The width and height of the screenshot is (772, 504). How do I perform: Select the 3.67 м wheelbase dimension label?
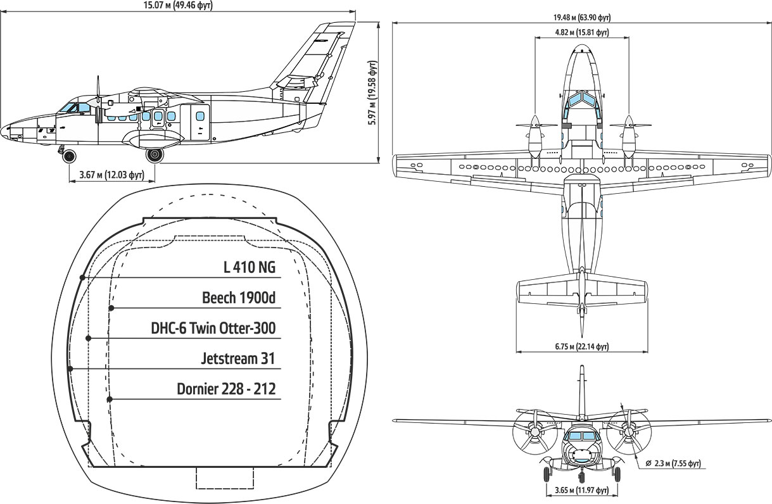(111, 175)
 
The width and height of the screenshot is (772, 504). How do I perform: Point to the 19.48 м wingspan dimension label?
(582, 17)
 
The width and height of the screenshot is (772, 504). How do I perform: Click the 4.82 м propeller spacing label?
(581, 32)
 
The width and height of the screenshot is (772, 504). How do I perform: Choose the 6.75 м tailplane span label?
(581, 346)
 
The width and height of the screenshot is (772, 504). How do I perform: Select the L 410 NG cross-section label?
(250, 267)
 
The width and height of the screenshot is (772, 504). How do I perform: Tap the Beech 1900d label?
(239, 298)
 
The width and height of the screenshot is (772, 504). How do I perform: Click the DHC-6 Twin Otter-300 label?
(213, 328)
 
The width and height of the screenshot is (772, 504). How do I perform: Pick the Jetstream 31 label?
(238, 358)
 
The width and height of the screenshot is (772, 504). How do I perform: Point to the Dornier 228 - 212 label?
(226, 389)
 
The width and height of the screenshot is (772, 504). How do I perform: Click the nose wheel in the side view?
(69, 156)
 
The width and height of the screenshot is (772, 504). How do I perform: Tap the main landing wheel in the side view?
(154, 154)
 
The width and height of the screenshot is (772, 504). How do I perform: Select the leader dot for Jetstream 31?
(70, 369)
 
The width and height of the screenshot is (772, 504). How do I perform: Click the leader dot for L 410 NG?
(82, 277)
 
